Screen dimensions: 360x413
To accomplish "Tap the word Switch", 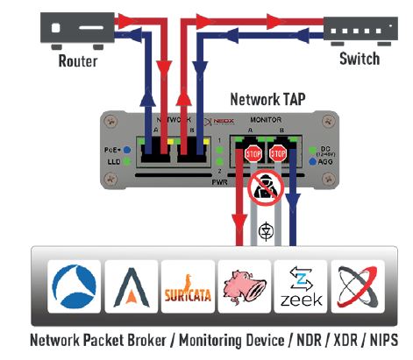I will [x=360, y=60].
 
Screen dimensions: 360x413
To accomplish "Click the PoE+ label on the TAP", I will [x=114, y=149].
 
